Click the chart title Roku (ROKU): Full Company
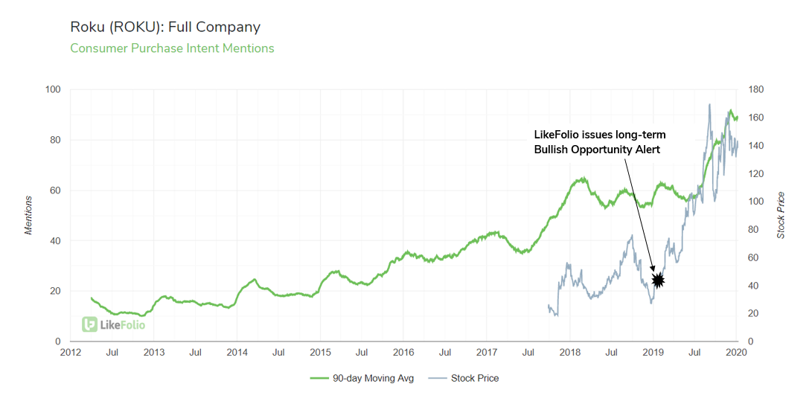pyautogui.click(x=165, y=28)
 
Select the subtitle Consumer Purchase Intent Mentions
pyautogui.click(x=172, y=48)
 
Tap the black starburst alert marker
pyautogui.click(x=658, y=280)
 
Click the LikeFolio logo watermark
pyautogui.click(x=114, y=324)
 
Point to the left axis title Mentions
pyautogui.click(x=29, y=215)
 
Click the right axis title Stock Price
pyautogui.click(x=781, y=215)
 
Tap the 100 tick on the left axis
pyautogui.click(x=54, y=90)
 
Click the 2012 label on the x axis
pyautogui.click(x=71, y=353)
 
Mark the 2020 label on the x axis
pyautogui.click(x=736, y=353)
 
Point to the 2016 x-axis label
pyautogui.click(x=403, y=353)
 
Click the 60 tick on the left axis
pyautogui.click(x=56, y=190)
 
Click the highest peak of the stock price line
pyautogui.click(x=709, y=104)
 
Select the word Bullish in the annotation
pyautogui.click(x=552, y=150)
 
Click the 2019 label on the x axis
pyautogui.click(x=653, y=353)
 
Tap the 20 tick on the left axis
pyautogui.click(x=56, y=291)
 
